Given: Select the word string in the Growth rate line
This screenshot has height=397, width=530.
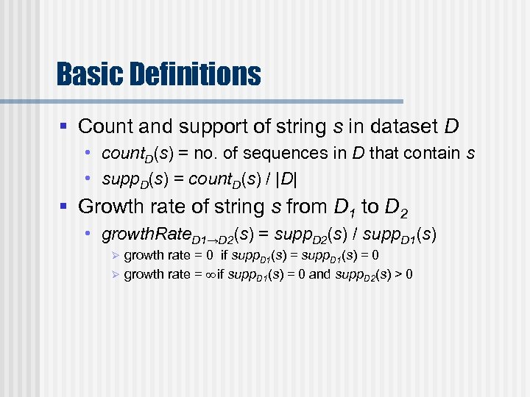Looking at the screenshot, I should click(x=213, y=207).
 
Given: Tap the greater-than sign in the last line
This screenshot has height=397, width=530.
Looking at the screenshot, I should click(x=396, y=275).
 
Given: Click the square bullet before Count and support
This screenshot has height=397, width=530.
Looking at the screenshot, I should click(x=64, y=126).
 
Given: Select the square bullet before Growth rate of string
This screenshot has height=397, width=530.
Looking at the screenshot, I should click(x=64, y=207).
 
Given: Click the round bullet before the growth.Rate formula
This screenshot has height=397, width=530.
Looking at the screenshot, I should click(x=87, y=235).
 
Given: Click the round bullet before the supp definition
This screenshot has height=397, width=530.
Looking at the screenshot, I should click(x=87, y=179).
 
